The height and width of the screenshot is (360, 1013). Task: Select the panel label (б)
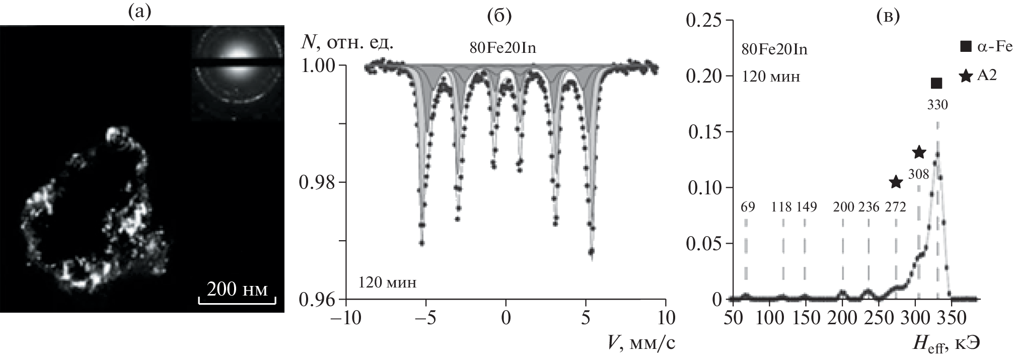point(499,16)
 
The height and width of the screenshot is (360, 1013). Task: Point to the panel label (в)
point(887,16)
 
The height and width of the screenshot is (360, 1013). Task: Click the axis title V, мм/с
point(639,342)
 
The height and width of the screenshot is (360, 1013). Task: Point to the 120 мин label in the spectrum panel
point(388,282)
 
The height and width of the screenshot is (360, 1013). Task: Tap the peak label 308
point(919,174)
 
